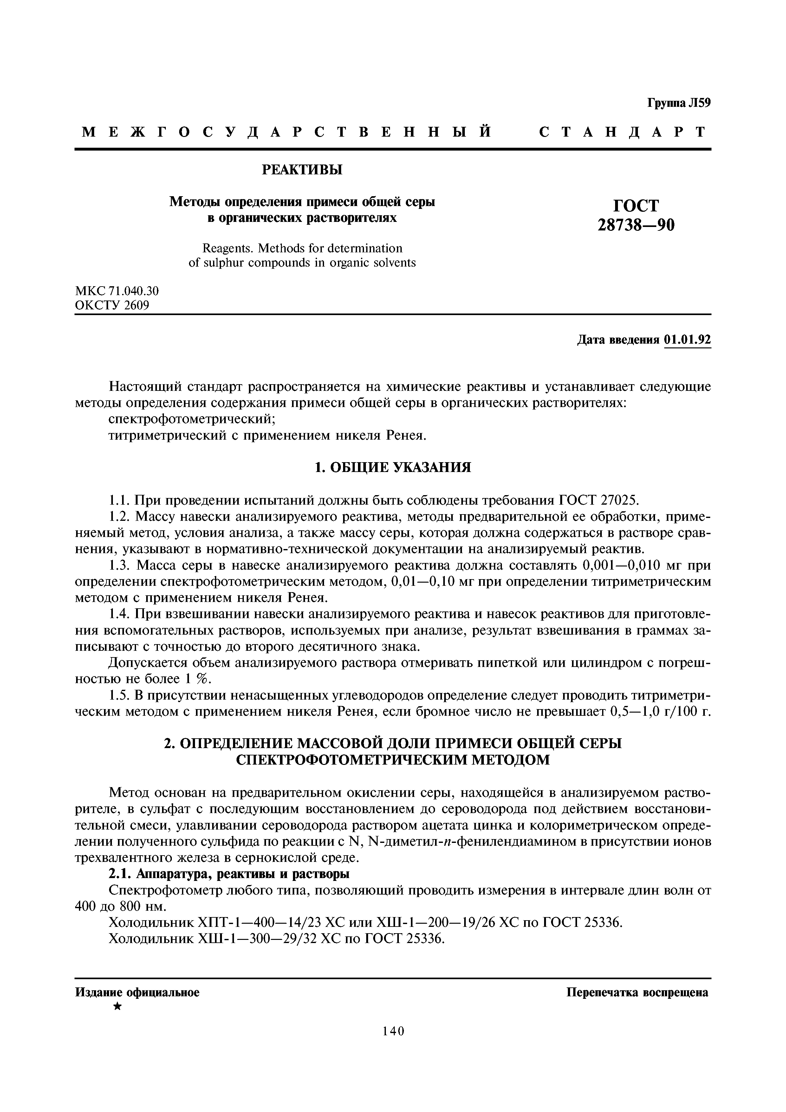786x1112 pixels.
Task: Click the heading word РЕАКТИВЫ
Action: pyautogui.click(x=302, y=170)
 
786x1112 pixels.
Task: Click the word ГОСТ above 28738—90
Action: pyautogui.click(x=636, y=206)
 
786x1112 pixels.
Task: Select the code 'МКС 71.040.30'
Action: pyautogui.click(x=117, y=291)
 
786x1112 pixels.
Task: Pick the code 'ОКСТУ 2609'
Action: pyautogui.click(x=112, y=305)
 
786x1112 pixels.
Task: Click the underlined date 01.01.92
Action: pyautogui.click(x=687, y=340)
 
